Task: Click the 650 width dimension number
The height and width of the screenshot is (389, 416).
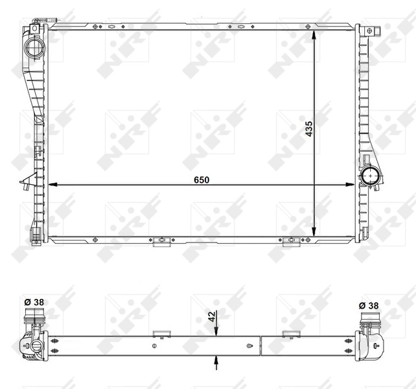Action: [x=201, y=180]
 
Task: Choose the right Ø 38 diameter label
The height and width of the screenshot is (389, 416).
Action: [x=369, y=304]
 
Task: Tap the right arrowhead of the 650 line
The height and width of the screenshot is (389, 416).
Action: [x=352, y=185]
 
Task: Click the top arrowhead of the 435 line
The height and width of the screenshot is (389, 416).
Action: [x=314, y=34]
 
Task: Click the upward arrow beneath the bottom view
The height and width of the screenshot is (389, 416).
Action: [x=216, y=362]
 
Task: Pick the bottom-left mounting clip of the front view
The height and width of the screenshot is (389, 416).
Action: [x=160, y=242]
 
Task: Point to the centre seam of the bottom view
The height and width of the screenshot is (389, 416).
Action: [x=260, y=346]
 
